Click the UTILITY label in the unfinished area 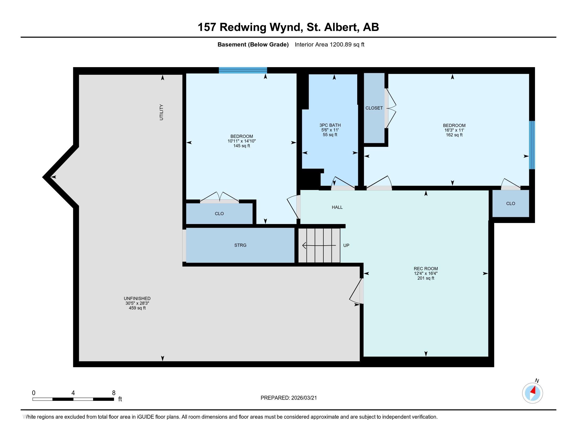click(x=161, y=112)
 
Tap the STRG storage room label click(x=240, y=245)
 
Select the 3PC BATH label click(x=330, y=125)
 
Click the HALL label click(x=337, y=208)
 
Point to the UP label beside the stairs click(x=346, y=246)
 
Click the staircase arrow click(x=319, y=246)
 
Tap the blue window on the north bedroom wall click(x=243, y=70)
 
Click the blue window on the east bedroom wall click(x=532, y=145)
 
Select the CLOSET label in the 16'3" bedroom click(x=374, y=108)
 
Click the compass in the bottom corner click(x=532, y=393)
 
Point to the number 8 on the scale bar click(x=114, y=393)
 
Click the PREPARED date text click(x=288, y=398)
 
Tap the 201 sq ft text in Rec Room click(x=426, y=278)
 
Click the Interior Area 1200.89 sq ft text click(x=329, y=45)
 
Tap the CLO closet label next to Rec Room click(x=510, y=204)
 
